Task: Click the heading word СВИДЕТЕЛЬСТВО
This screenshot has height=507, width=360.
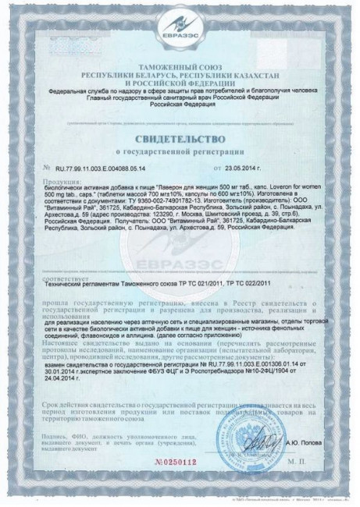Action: (180, 139)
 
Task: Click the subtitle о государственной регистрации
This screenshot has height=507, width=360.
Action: (180, 153)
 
